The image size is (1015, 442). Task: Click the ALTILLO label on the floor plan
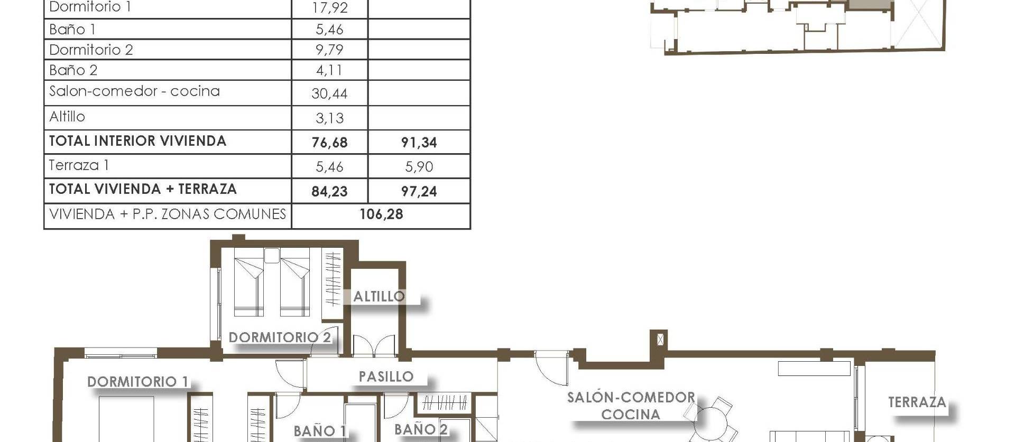379,296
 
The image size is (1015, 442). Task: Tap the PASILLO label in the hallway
386,377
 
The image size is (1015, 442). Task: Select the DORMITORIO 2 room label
280,337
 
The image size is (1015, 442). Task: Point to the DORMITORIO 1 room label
137,381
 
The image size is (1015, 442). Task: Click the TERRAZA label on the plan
917,402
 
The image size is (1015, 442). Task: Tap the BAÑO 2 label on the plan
421,429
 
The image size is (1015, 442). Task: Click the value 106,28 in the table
381,214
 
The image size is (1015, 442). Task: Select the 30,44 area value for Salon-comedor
329,94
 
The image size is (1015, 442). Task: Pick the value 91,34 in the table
419,143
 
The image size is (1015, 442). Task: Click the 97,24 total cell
419,191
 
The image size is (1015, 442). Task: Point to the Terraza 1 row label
79,165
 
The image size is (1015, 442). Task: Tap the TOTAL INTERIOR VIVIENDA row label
137,141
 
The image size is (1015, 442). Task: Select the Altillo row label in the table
67,117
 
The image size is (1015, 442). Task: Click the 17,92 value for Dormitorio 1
329,8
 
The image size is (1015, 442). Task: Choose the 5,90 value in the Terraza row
419,167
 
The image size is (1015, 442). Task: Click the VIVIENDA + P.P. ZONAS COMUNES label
168,214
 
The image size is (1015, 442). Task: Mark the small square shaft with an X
660,340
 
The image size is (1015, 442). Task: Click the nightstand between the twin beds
272,256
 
